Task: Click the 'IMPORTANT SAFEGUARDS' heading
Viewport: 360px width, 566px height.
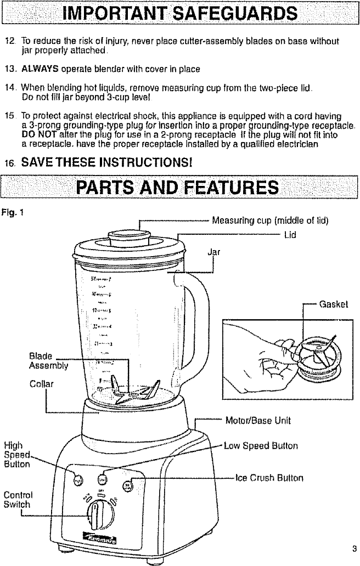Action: coord(180,13)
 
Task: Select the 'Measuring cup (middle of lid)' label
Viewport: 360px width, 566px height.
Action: coord(270,221)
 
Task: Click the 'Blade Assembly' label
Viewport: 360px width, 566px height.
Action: coord(48,360)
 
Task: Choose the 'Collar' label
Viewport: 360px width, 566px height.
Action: coord(41,383)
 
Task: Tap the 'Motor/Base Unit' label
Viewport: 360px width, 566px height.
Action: coord(258,421)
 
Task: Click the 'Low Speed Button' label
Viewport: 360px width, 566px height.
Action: coord(261,445)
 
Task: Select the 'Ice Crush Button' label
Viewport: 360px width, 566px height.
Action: coord(269,478)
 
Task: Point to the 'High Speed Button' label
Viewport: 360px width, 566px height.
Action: coord(17,455)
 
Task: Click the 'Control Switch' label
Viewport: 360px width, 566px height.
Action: coord(17,499)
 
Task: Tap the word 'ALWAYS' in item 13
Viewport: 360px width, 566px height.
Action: coord(36,69)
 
